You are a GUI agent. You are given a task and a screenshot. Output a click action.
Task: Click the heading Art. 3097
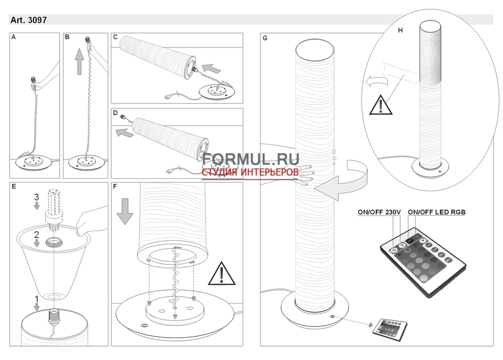coord(29,20)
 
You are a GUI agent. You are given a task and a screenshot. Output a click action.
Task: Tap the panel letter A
coord(13,37)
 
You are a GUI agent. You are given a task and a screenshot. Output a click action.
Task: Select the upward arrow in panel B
coord(79,61)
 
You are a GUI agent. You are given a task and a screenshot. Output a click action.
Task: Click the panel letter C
coord(116,37)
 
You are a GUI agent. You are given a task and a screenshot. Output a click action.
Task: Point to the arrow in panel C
coord(212,68)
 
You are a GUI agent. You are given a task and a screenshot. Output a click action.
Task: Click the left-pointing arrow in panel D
coord(125,132)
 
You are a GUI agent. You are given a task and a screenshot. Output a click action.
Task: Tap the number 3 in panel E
coord(36,197)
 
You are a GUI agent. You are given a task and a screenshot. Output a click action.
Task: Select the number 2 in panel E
coord(36,235)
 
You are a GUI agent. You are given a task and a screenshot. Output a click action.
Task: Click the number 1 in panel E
coord(36,299)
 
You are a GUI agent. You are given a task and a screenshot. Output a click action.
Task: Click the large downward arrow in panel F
coord(125,211)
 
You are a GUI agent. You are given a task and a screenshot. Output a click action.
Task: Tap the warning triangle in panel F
coord(221,274)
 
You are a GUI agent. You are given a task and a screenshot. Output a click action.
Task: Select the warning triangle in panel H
coord(381,105)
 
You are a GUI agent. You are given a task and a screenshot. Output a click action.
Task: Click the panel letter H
coord(400,31)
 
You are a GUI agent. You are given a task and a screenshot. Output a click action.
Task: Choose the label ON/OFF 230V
coord(379,212)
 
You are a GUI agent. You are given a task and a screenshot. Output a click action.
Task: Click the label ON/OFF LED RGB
coord(436,212)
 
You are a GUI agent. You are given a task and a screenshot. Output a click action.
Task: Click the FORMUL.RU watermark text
coord(250,159)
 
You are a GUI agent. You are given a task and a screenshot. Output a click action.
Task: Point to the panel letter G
coord(265,38)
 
